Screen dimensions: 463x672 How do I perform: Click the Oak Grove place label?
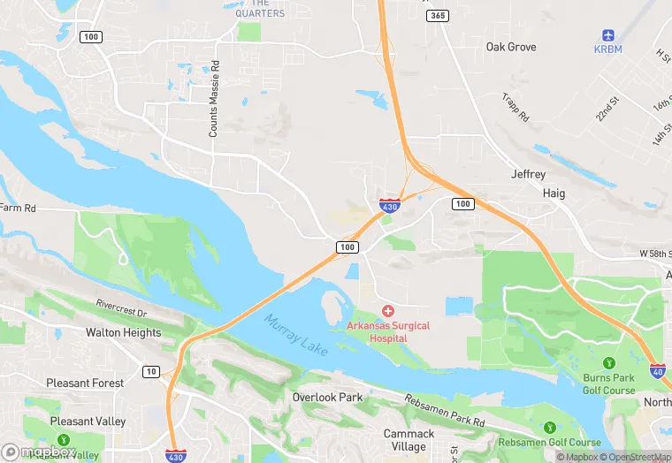(x=511, y=47)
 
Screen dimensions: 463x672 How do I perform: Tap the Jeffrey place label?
(x=529, y=175)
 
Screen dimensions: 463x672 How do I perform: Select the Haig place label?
(x=554, y=193)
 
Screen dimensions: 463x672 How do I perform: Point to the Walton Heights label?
(x=123, y=333)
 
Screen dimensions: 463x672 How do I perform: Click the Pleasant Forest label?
(x=86, y=383)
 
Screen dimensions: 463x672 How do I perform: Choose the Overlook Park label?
(x=327, y=398)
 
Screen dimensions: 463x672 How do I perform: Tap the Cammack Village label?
(x=409, y=440)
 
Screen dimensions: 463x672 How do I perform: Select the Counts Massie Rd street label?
(x=213, y=99)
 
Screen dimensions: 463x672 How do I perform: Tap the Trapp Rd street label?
(x=515, y=108)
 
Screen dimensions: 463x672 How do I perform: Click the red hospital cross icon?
(x=388, y=311)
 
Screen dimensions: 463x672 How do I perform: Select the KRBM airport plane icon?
(x=607, y=35)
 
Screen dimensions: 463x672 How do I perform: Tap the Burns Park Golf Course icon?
(x=608, y=363)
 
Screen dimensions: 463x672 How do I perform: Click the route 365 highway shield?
(x=437, y=16)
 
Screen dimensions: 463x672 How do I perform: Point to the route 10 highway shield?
(x=152, y=371)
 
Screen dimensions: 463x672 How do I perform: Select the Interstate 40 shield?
(x=658, y=372)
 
